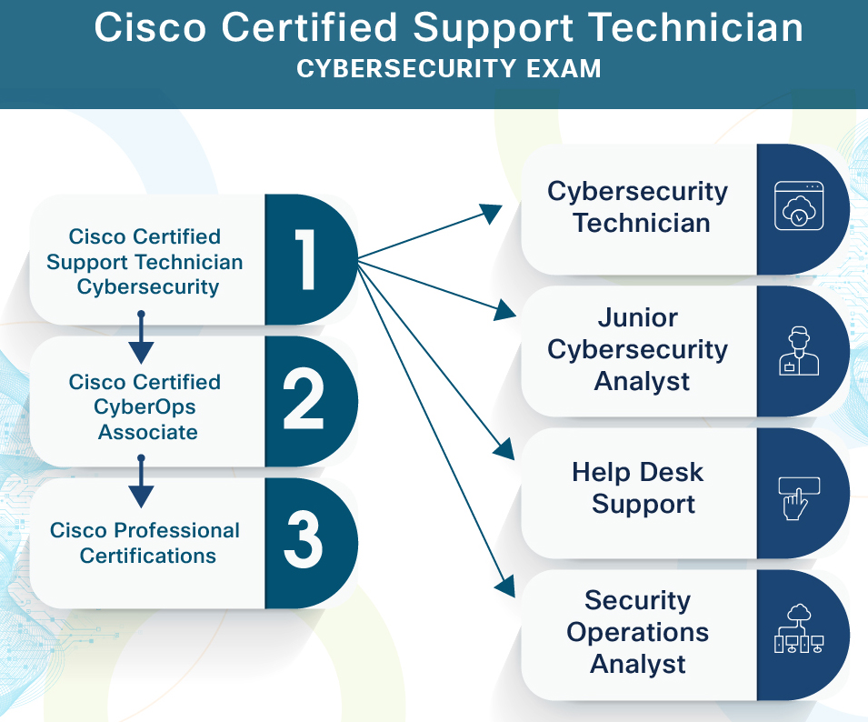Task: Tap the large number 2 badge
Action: click(x=304, y=401)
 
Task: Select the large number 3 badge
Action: click(x=304, y=542)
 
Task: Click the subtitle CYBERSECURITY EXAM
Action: click(x=448, y=69)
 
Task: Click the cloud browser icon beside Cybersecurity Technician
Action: click(x=799, y=206)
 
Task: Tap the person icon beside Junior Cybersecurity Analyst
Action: click(x=799, y=351)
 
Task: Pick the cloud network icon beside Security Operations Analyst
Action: click(x=799, y=628)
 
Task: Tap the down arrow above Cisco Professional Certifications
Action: click(x=141, y=482)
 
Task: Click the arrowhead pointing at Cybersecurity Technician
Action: click(x=491, y=213)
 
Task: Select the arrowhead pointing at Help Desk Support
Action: click(x=504, y=448)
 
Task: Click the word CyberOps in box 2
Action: click(x=145, y=407)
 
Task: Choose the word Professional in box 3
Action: click(x=176, y=530)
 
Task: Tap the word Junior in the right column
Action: click(x=638, y=318)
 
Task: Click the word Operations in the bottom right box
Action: click(x=638, y=632)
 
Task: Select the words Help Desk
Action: click(x=638, y=472)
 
